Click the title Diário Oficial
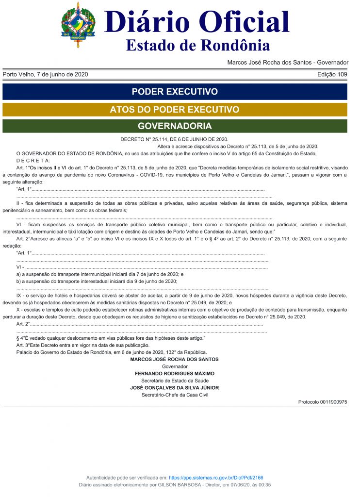(x=197, y=21)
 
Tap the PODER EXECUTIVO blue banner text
(x=175, y=92)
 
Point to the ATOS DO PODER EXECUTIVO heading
(x=175, y=110)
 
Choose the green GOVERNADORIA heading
(x=175, y=126)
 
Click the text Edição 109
(x=332, y=75)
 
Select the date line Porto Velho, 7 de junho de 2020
(x=45, y=75)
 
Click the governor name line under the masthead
(x=288, y=63)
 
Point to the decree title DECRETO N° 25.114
(x=174, y=140)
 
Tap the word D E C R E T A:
(x=33, y=161)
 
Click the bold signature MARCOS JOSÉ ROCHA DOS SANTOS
(x=174, y=360)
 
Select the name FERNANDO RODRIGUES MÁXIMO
(x=174, y=374)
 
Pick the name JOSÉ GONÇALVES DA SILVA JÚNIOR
(x=174, y=388)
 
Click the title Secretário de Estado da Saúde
(x=174, y=381)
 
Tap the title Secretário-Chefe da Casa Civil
(x=174, y=395)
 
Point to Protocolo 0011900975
(x=323, y=402)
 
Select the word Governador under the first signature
(x=174, y=366)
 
